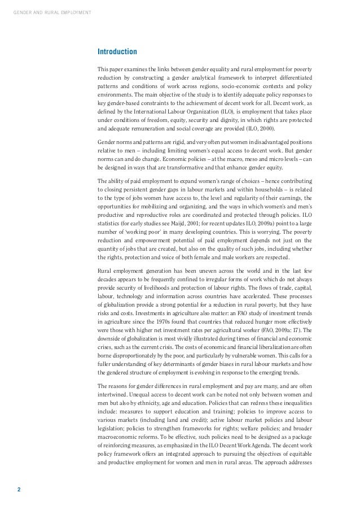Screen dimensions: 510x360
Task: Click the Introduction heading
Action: pos(117,52)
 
